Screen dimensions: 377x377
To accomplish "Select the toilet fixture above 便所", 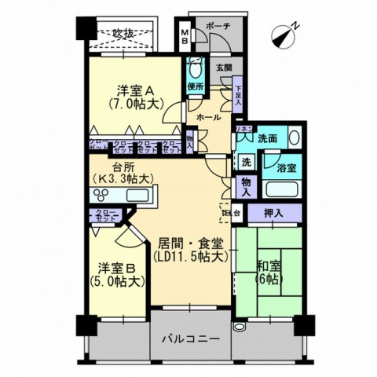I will point(196,68).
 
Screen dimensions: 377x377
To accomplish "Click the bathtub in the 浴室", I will point(281,189).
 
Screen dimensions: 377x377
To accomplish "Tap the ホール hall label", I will point(207,116).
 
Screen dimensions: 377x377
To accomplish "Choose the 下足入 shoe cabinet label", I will point(237,96).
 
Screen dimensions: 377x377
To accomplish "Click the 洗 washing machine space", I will point(246,162).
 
